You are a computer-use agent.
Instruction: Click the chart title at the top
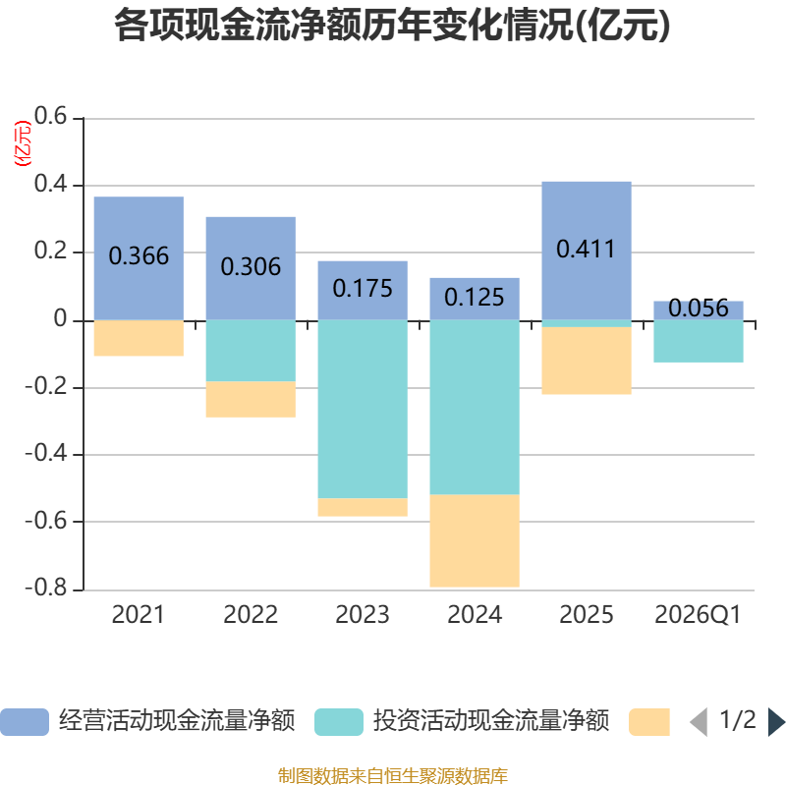pos(392,26)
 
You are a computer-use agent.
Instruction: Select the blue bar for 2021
pos(139,258)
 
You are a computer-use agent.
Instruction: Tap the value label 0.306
pos(251,266)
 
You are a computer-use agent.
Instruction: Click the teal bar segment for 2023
pos(363,409)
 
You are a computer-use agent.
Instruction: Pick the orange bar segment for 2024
pos(475,540)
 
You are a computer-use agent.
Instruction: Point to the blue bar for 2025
pos(587,251)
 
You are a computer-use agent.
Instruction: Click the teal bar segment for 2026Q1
pos(699,341)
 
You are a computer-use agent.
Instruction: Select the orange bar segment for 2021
pos(139,338)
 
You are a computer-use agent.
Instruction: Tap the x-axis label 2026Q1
pos(698,615)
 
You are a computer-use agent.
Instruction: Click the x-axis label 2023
pos(363,615)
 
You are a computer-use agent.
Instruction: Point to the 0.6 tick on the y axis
pos(50,116)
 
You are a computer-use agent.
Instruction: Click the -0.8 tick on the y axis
pos(45,588)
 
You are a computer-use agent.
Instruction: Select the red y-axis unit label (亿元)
pos(23,143)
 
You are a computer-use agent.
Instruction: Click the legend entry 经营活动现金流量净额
pos(148,721)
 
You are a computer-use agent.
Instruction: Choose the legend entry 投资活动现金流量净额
pos(462,721)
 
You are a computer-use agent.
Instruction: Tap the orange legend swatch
pos(649,722)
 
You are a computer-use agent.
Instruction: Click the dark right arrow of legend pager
pos(776,722)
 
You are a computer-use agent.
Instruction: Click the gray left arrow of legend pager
pos(699,722)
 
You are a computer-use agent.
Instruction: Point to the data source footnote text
pos(392,775)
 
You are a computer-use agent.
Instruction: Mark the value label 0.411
pos(586,250)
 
